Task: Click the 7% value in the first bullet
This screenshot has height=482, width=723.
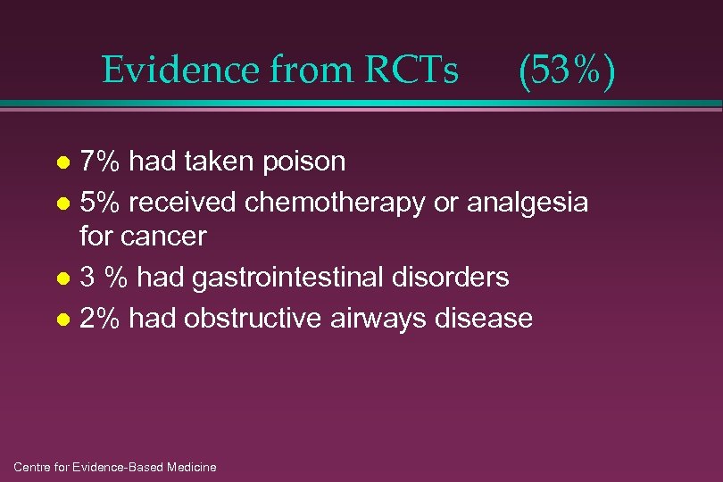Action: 99,162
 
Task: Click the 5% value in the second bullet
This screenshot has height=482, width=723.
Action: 99,204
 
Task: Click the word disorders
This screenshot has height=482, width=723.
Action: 455,278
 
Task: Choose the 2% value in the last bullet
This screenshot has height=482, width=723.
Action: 99,318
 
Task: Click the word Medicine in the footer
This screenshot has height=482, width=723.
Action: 188,467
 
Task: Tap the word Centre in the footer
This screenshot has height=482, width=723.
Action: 33,467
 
